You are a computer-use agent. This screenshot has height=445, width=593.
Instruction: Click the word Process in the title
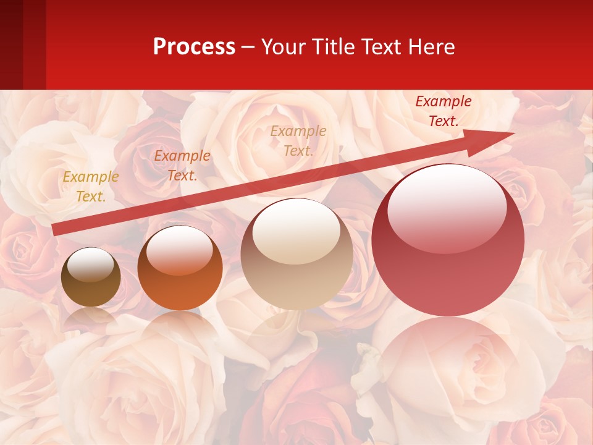tap(194, 47)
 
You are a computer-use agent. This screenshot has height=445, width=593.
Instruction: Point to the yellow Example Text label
tap(91, 187)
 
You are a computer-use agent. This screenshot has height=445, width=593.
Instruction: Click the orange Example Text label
tap(182, 166)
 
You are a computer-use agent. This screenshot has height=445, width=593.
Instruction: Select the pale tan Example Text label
tap(298, 140)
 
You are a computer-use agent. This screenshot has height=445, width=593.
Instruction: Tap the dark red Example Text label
tap(444, 111)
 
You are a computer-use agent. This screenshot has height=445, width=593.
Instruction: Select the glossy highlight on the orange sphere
tap(179, 249)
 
